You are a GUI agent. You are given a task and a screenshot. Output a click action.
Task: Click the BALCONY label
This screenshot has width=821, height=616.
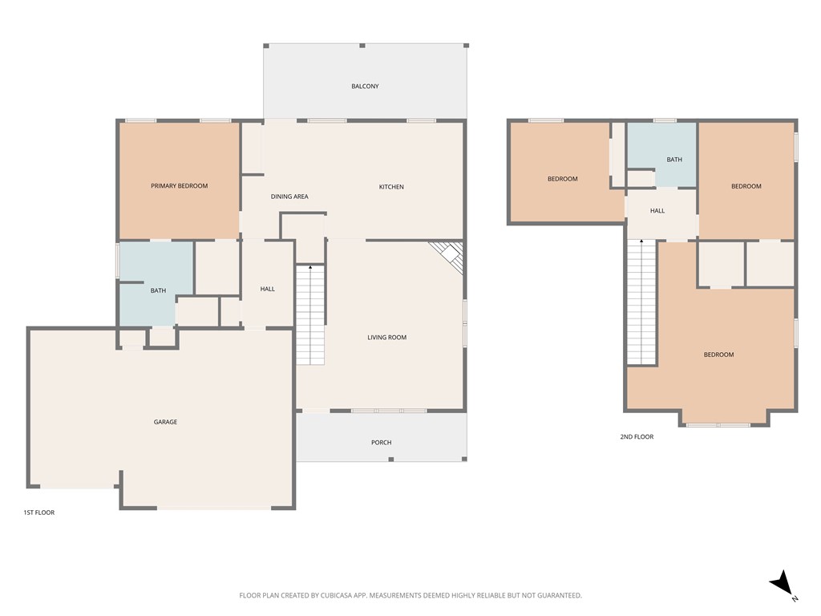point(365,87)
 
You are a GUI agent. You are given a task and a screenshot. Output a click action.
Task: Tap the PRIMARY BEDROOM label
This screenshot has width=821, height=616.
point(179,186)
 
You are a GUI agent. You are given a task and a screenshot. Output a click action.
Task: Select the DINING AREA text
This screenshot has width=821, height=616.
point(289,197)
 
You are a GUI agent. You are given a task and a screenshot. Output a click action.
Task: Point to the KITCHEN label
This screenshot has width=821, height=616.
point(391,187)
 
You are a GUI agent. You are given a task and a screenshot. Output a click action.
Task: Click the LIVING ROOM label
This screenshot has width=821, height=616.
point(386,338)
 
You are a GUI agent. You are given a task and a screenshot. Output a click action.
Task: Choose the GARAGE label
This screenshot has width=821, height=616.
point(165,422)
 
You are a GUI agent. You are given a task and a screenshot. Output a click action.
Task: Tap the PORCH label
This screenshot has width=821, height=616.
point(381,443)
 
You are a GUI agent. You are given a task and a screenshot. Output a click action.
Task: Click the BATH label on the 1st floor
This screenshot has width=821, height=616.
point(158,290)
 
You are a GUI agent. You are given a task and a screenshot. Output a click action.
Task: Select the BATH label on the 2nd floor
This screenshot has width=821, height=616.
point(674,160)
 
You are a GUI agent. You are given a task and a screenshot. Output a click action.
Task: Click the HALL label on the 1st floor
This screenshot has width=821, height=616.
point(268,289)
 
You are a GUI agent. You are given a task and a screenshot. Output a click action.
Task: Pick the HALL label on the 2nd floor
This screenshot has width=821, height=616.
point(657,211)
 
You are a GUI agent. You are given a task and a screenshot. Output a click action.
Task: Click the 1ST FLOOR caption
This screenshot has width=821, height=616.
point(38,512)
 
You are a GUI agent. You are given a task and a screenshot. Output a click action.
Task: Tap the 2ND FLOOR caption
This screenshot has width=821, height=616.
point(637,437)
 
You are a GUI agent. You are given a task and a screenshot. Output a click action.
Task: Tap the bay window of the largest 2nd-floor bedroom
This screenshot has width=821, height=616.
point(718,423)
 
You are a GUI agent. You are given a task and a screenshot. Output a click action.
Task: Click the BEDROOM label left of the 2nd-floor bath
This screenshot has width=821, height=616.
point(562,179)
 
